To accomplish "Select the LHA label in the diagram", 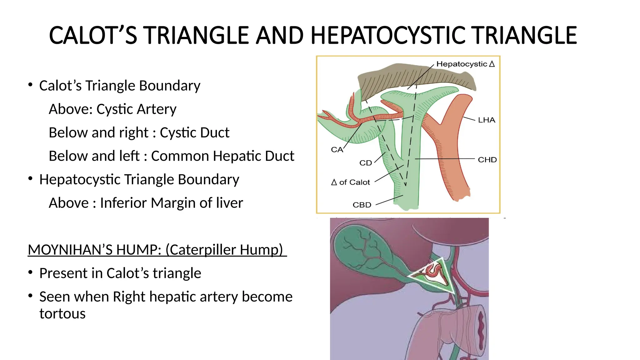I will coord(486,120).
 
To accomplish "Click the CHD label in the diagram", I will coord(487,160).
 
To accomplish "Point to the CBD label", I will coord(362,205).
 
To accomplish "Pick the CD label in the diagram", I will coord(366,163).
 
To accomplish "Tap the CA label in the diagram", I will coord(337,150).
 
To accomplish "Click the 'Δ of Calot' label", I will coord(351,182).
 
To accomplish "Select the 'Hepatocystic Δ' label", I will coord(465,64).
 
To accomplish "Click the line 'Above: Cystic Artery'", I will coord(112,109).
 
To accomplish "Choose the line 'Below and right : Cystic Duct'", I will coord(139,132).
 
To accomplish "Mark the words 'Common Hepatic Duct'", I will coord(222,156).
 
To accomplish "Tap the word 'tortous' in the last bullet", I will coord(62,313).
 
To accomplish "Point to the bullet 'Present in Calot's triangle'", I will coord(120,273).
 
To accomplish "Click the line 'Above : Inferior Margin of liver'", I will coord(146,203).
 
